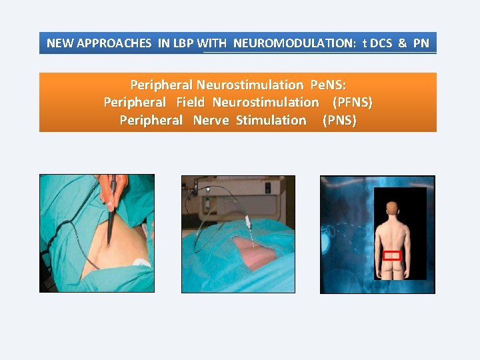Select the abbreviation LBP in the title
click(x=183, y=44)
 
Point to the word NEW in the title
click(x=60, y=44)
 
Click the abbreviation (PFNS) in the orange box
click(x=352, y=102)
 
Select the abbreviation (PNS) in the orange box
click(x=339, y=120)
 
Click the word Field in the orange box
click(x=190, y=102)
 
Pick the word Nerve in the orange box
click(x=211, y=120)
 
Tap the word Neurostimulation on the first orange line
click(x=250, y=85)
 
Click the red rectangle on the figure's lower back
click(x=392, y=255)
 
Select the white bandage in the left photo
click(x=141, y=262)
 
